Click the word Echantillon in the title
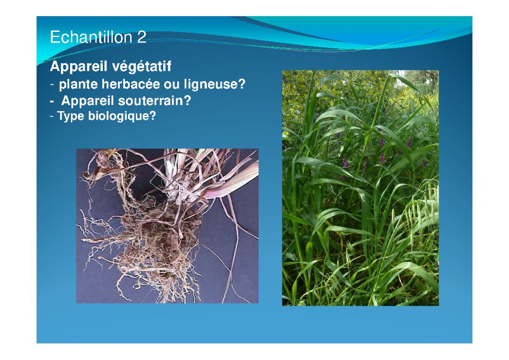[91, 38]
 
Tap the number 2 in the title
[142, 38]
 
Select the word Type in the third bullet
[71, 116]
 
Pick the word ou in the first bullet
[172, 85]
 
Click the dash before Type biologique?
[52, 116]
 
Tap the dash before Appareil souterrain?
[52, 101]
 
